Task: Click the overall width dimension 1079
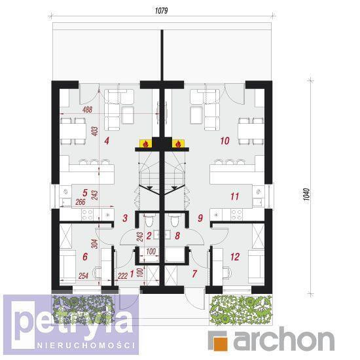162,10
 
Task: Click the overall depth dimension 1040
306,194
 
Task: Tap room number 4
107,141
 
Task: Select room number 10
225,141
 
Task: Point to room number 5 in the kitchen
85,193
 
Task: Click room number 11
234,196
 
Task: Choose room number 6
85,257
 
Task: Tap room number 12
235,257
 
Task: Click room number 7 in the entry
194,274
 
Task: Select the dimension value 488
88,110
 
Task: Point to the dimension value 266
81,202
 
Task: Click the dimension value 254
83,276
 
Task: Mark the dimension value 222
122,276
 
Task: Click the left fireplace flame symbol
145,144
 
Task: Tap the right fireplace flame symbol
178,144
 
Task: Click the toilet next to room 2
149,220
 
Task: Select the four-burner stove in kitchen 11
237,215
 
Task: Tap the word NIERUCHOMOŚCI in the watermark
86,346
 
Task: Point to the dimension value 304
94,244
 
